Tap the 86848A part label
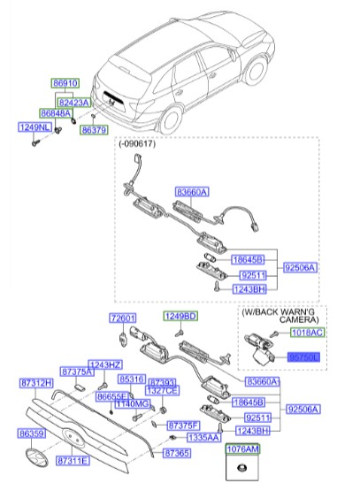click(x=55, y=113)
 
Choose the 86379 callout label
click(x=94, y=130)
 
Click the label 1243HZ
click(x=105, y=364)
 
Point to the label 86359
click(x=32, y=434)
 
